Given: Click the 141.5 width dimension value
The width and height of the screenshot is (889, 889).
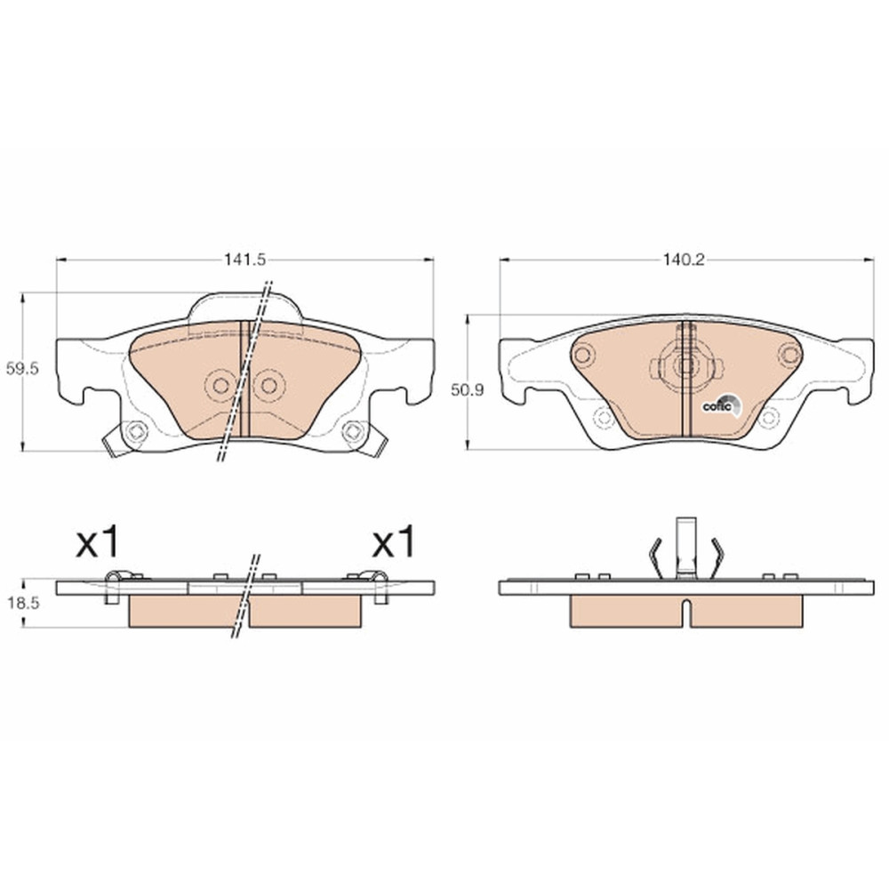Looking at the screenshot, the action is (x=245, y=260).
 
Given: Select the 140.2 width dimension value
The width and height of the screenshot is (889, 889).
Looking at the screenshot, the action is (x=684, y=260).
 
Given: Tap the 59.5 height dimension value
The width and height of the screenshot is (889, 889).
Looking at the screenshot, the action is (x=22, y=369).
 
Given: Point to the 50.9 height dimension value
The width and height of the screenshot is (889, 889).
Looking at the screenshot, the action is (x=468, y=390).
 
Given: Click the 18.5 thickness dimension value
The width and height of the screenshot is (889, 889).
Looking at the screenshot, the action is (x=23, y=604).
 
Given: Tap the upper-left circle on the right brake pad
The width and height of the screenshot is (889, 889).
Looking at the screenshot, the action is (x=582, y=356).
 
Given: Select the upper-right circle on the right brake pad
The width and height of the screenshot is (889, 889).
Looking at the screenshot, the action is (x=789, y=356).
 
